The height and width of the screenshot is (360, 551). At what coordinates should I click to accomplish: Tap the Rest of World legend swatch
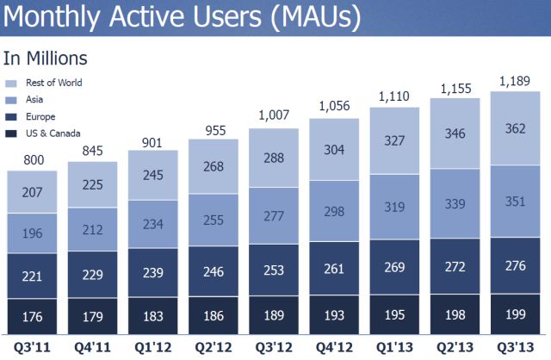pyautogui.click(x=11, y=84)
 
